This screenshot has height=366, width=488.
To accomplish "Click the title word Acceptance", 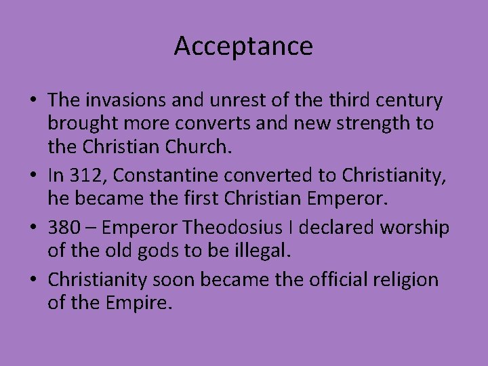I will (x=243, y=46).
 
